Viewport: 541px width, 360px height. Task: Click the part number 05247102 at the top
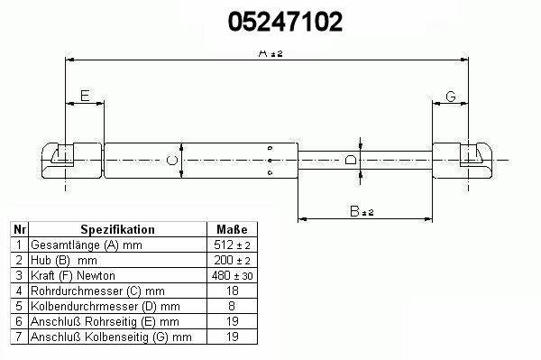pos(285,22)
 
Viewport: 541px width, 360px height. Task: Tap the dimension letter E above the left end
pos(85,96)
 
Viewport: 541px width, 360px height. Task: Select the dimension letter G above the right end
pos(451,97)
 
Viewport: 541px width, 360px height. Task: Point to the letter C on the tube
pos(172,161)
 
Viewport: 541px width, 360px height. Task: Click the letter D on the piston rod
pos(351,160)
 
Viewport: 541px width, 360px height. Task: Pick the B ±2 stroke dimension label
pos(362,211)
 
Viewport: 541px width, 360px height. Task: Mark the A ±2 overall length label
pos(270,53)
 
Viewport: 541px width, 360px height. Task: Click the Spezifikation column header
pos(117,229)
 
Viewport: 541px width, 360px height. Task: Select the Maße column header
pos(232,229)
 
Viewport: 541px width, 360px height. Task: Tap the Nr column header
pos(19,229)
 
